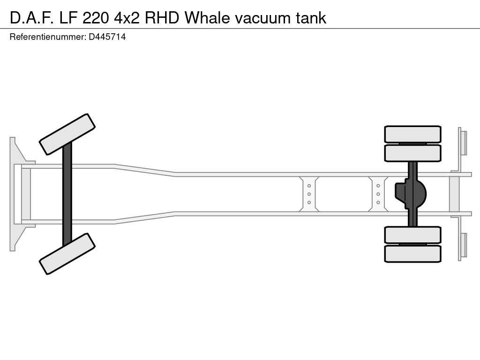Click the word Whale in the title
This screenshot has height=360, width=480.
pos(207,18)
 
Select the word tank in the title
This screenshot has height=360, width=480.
pos(311,18)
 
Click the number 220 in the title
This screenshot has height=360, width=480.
pos(96,18)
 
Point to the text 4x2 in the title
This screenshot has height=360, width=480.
pos(127,18)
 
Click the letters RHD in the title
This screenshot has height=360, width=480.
pos(162,18)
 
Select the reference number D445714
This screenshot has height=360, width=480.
pos(107,37)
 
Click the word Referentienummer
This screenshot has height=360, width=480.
pos(48,37)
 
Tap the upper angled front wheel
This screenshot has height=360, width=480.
pos(67,134)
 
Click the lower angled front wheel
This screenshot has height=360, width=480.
pos(67,254)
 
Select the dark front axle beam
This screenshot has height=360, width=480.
pos(67,194)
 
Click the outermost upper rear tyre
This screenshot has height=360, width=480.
pos(412,134)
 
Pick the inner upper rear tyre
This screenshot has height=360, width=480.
pos(412,153)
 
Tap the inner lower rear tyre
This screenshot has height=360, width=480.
pos(412,235)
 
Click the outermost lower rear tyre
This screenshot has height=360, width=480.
pos(412,254)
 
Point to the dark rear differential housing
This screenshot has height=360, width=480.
pos(410,194)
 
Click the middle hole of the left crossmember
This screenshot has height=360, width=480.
pos(309,194)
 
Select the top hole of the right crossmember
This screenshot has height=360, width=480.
pos(378,186)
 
